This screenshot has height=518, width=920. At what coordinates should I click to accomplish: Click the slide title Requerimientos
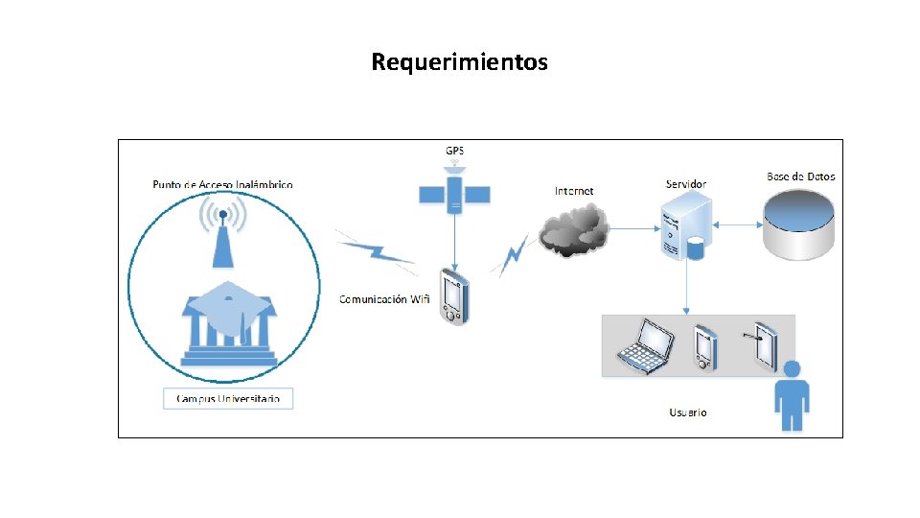pos(459,62)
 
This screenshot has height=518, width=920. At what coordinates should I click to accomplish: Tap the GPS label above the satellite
pos(454,151)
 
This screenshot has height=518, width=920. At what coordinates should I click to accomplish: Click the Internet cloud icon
pos(574,231)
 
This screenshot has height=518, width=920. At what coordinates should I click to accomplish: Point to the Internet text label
pos(574,191)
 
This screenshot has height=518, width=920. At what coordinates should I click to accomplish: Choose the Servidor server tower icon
pos(685,226)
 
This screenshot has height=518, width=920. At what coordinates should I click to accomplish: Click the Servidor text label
pos(686,183)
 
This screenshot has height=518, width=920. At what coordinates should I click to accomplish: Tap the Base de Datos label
pos(800,177)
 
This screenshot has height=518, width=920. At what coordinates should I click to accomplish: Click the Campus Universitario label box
pos(228,398)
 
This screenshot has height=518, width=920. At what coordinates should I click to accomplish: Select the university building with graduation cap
pos(227,322)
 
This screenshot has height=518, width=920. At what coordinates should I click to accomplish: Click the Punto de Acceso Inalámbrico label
pos(222,184)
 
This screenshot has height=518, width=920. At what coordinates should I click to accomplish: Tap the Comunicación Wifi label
pos(384,299)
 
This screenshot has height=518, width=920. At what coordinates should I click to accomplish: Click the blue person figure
pos(792,395)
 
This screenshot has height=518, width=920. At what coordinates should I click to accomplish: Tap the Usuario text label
pos(688,412)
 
